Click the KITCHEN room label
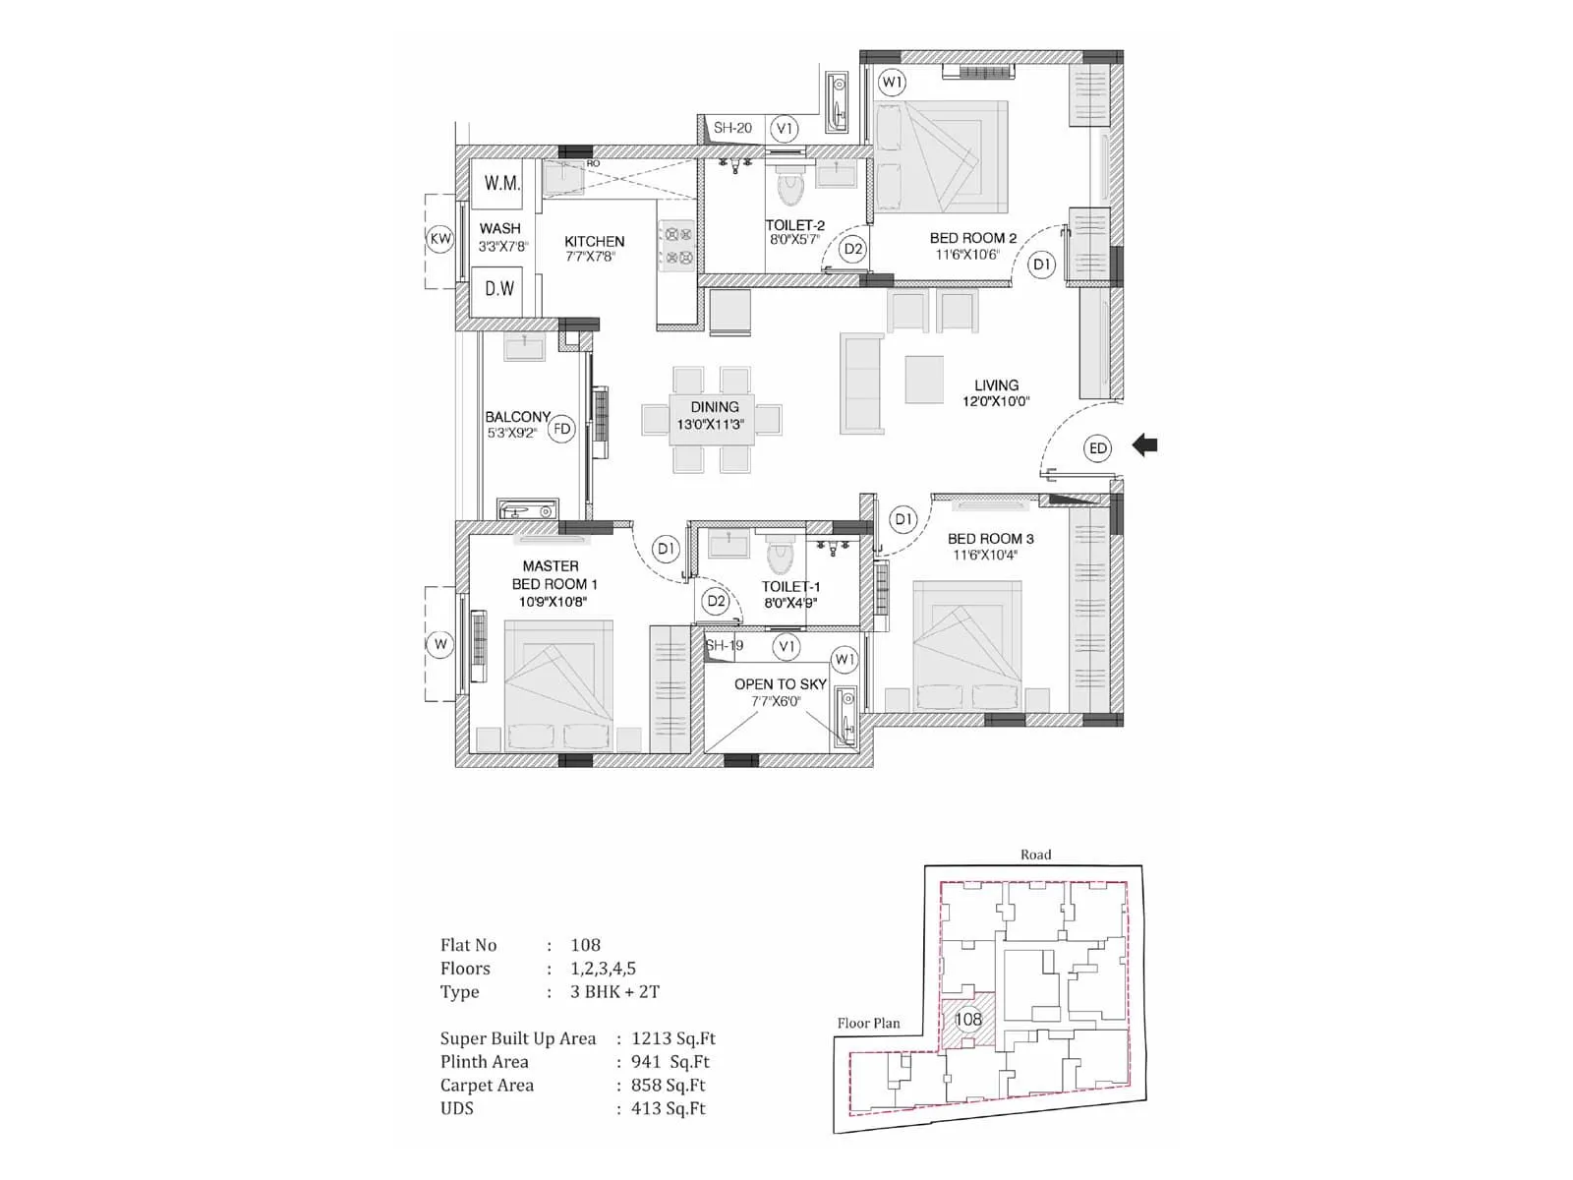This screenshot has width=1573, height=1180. pos(594,241)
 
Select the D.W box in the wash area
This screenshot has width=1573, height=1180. pos(499,288)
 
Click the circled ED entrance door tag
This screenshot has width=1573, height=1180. pos(1098,448)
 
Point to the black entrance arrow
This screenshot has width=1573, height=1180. pos(1144,445)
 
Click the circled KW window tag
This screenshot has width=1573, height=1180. pos(440,239)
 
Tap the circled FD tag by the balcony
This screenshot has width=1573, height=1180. pos(561,429)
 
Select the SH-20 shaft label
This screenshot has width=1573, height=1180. pos(732,128)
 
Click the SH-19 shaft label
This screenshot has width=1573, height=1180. pos(726,645)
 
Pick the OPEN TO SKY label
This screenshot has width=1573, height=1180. pos(780,683)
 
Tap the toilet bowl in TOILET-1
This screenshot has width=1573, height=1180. pos(780,557)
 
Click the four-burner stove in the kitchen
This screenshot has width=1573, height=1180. pos(676,246)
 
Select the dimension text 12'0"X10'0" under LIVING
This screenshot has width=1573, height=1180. pos(996,401)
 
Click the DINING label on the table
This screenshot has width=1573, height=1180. pos(714,406)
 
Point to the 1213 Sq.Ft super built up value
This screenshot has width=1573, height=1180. pos(673,1038)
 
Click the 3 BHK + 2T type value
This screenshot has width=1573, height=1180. pos(614,991)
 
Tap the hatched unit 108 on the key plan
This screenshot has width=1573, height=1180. pos(967,1020)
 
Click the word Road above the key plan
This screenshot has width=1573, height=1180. pos(1035,855)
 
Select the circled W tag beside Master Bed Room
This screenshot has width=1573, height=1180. pos(440,644)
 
